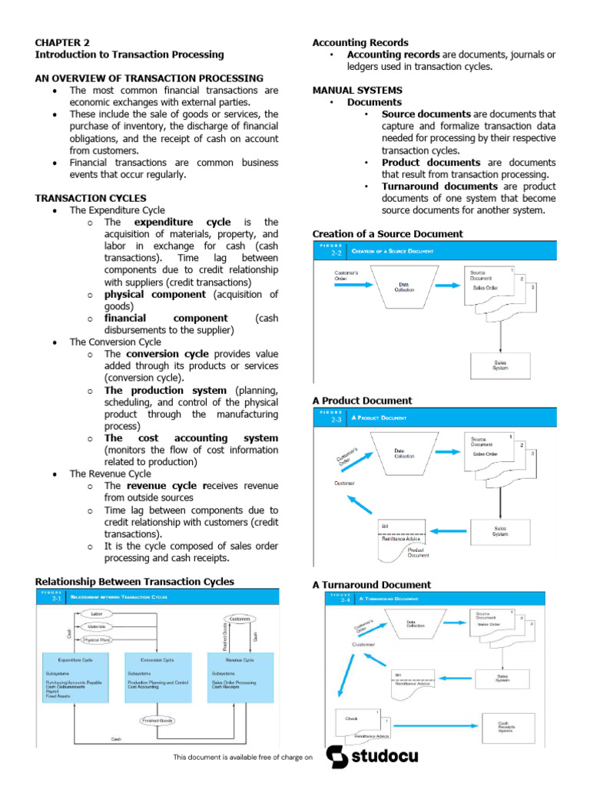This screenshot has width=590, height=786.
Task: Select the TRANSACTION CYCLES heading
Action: [x=91, y=198]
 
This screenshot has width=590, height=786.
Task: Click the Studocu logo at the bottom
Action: [x=373, y=758]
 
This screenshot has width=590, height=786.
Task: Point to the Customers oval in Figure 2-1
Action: [x=240, y=618]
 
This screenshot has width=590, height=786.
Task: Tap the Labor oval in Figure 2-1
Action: [x=97, y=614]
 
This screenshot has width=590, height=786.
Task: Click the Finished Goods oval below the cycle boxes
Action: [x=158, y=721]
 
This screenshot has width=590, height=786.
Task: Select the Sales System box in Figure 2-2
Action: [x=500, y=365]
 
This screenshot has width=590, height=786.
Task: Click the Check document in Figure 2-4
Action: [x=356, y=720]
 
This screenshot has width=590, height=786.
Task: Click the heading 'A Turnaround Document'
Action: [x=372, y=584]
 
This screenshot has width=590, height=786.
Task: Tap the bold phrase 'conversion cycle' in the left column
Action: [x=167, y=354]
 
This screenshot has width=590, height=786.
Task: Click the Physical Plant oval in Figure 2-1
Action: [x=97, y=639]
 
